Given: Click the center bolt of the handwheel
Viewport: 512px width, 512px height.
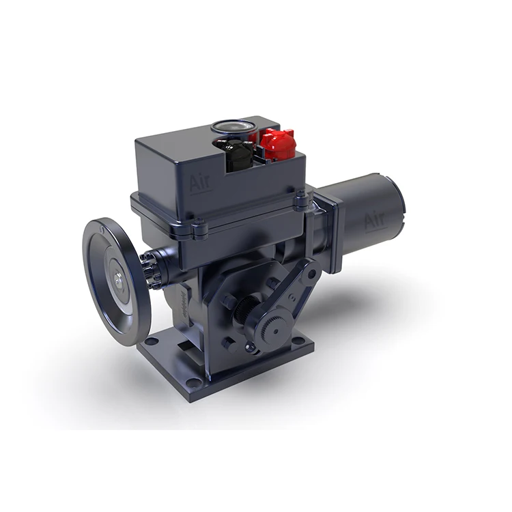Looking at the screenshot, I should click(x=119, y=277).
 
